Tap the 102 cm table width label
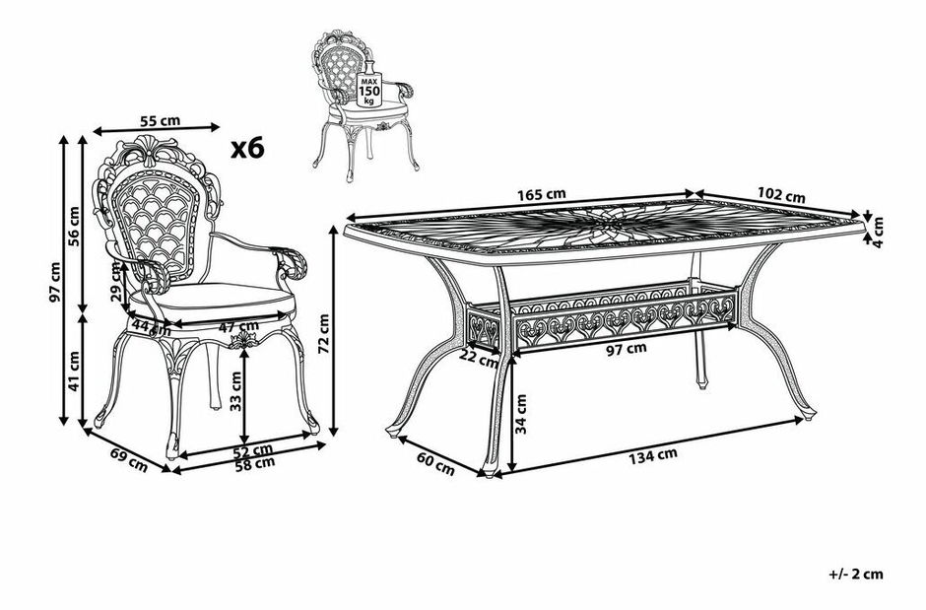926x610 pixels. tap(784, 195)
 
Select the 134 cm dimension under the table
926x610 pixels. tap(655, 454)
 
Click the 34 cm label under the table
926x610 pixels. tap(522, 414)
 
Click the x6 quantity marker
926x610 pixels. tap(248, 148)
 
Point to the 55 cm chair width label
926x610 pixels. tap(160, 120)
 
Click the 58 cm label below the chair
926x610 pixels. tap(254, 464)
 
